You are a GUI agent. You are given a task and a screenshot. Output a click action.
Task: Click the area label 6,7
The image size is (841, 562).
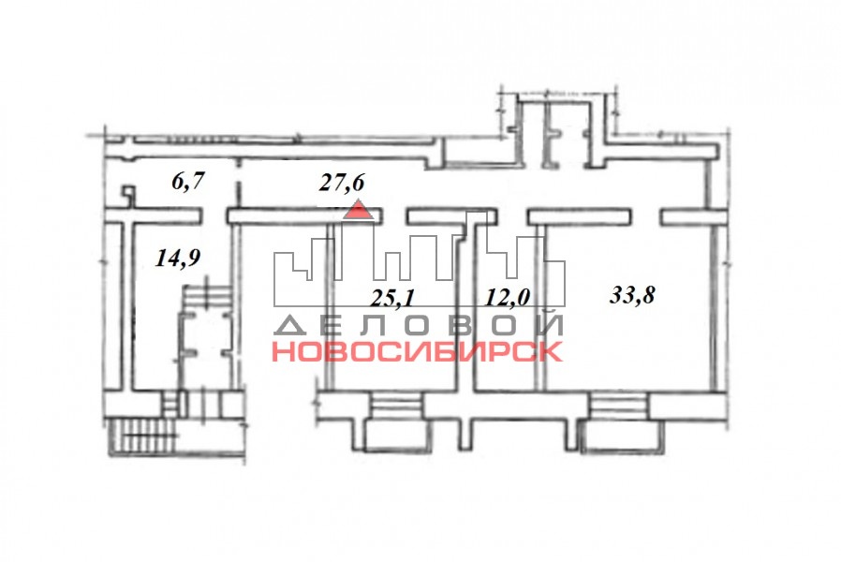188,181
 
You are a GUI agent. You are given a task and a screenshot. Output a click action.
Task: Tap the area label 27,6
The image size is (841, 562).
342,182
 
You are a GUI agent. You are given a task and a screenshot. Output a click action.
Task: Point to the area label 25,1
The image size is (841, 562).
392,298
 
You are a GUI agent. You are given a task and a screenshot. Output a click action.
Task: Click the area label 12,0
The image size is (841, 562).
508,297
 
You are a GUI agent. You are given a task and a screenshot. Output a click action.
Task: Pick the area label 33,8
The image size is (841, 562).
632,295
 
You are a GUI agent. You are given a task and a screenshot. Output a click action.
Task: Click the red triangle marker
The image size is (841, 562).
359,209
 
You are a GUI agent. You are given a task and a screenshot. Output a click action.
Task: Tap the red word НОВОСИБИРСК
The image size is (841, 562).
418,351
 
